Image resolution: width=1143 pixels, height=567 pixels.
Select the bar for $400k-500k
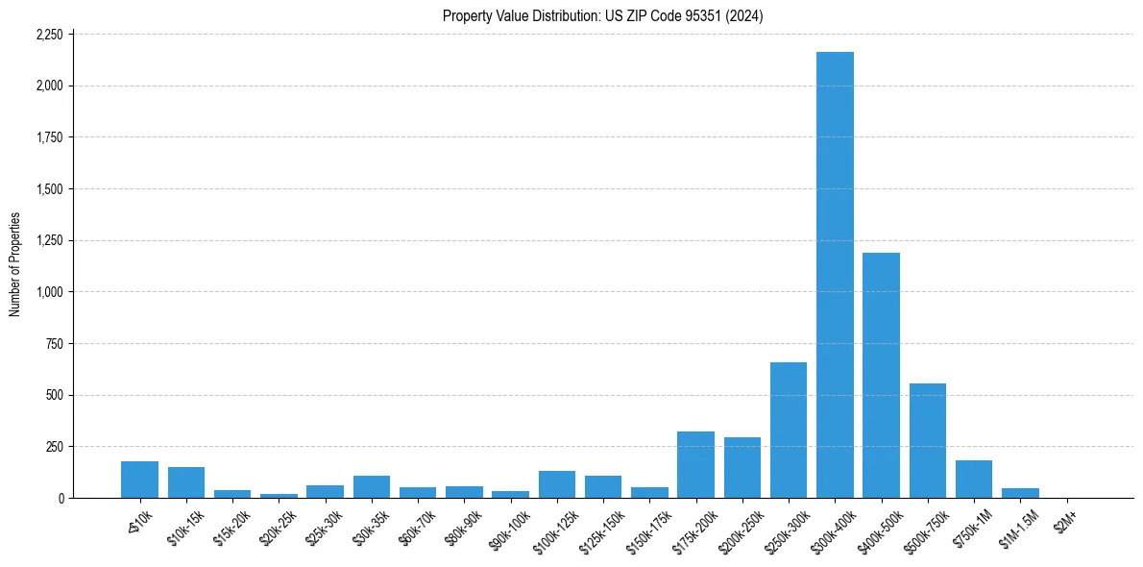pyautogui.click(x=881, y=375)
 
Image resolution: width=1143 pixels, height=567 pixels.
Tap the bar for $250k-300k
pyautogui.click(x=789, y=430)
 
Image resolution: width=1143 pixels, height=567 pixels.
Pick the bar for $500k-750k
pyautogui.click(x=928, y=440)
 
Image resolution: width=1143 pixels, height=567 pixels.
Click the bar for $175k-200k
pyautogui.click(x=695, y=464)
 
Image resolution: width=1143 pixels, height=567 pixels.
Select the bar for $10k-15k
pyautogui.click(x=186, y=482)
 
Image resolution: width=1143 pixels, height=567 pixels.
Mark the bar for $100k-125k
pyautogui.click(x=557, y=484)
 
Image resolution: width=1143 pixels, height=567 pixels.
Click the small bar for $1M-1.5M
pyautogui.click(x=1020, y=493)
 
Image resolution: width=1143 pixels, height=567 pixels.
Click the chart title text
pyautogui.click(x=603, y=16)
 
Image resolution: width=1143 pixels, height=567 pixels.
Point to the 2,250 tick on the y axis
pyautogui.click(x=49, y=35)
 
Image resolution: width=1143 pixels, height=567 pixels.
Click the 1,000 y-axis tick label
pyautogui.click(x=49, y=292)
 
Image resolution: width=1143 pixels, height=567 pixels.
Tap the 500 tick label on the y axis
pyautogui.click(x=55, y=395)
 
